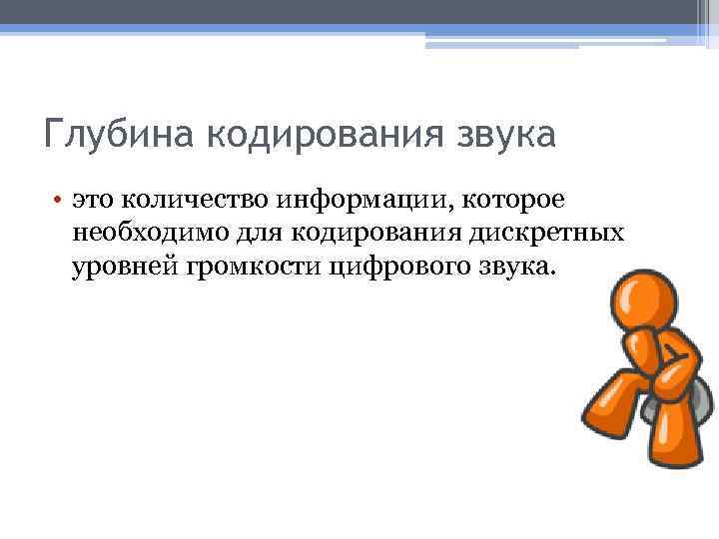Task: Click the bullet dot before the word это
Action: pos(59,199)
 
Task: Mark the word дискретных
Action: pos(557,234)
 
